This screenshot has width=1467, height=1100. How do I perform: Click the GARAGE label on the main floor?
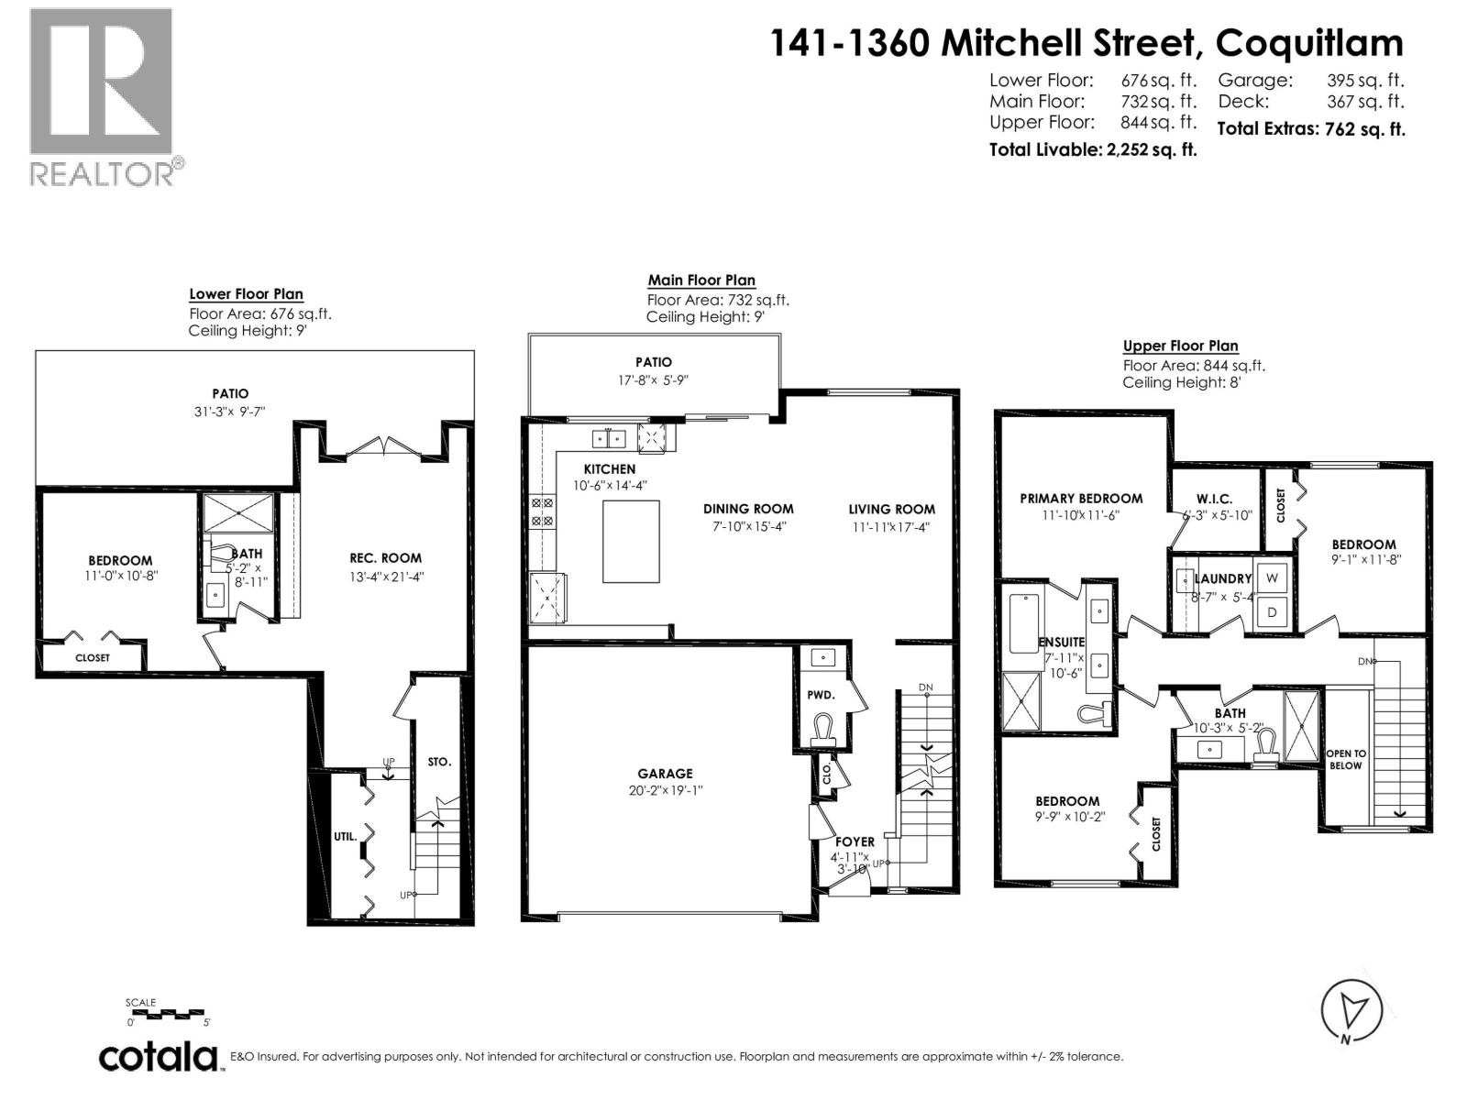tap(665, 774)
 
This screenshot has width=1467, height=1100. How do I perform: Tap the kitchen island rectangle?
tap(631, 542)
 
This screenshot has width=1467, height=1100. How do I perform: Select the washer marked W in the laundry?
tap(1272, 578)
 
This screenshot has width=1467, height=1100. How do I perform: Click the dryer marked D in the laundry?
tap(1272, 611)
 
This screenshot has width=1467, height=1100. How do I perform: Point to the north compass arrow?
tap(1351, 1012)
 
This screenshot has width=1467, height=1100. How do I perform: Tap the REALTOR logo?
tap(103, 96)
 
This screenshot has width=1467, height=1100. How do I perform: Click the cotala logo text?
tap(159, 1056)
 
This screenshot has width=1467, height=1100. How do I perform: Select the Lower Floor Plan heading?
tap(246, 294)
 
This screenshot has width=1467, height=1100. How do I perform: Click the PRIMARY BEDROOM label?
tap(1081, 499)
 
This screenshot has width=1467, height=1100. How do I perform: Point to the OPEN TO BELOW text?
tap(1346, 759)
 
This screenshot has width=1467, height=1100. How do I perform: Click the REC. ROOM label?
tap(385, 557)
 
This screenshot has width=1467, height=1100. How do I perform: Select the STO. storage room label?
tap(439, 762)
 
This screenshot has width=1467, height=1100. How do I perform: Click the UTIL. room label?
tap(346, 836)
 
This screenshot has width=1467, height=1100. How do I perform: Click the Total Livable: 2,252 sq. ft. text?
tap(1093, 149)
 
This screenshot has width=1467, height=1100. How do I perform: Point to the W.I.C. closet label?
tap(1214, 499)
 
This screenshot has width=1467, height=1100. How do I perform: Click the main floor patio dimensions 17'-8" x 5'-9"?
tap(653, 380)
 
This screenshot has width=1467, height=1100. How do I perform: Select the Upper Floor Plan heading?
tap(1180, 346)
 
